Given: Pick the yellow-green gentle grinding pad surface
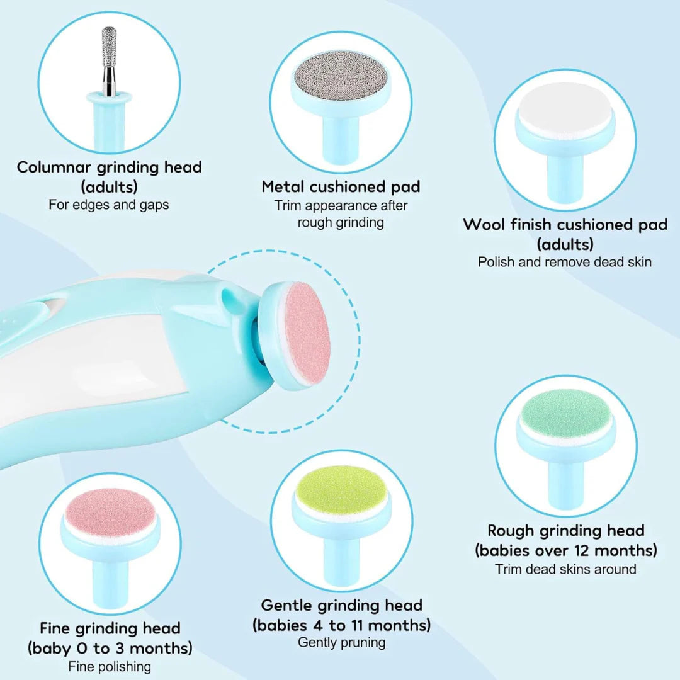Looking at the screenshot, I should click(341, 489).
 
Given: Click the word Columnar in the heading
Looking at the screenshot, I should click(54, 167).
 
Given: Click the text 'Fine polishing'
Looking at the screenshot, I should click(110, 666).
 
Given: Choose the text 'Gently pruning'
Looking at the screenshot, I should click(341, 643).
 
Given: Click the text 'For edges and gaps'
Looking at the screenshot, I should click(109, 205).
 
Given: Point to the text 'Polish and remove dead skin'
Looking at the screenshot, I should click(565, 262).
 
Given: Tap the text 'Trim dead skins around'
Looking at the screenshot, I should click(565, 569).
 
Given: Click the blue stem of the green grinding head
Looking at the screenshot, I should click(565, 479).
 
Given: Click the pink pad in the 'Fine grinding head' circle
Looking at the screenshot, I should click(110, 512).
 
